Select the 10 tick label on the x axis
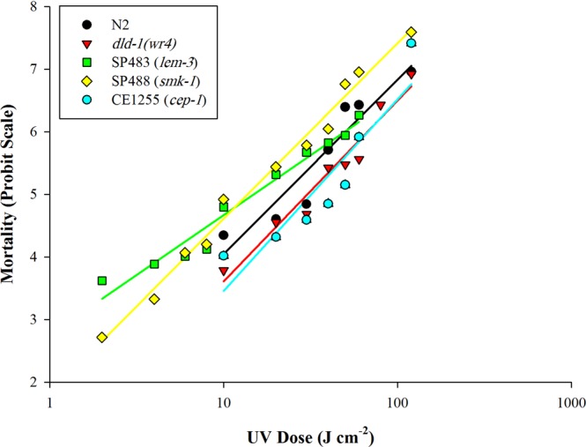pyautogui.click(x=224, y=399)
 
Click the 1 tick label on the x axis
pyautogui.click(x=49, y=399)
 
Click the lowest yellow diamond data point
pyautogui.click(x=102, y=337)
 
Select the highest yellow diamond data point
pyautogui.click(x=412, y=32)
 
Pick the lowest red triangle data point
pyautogui.click(x=224, y=272)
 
